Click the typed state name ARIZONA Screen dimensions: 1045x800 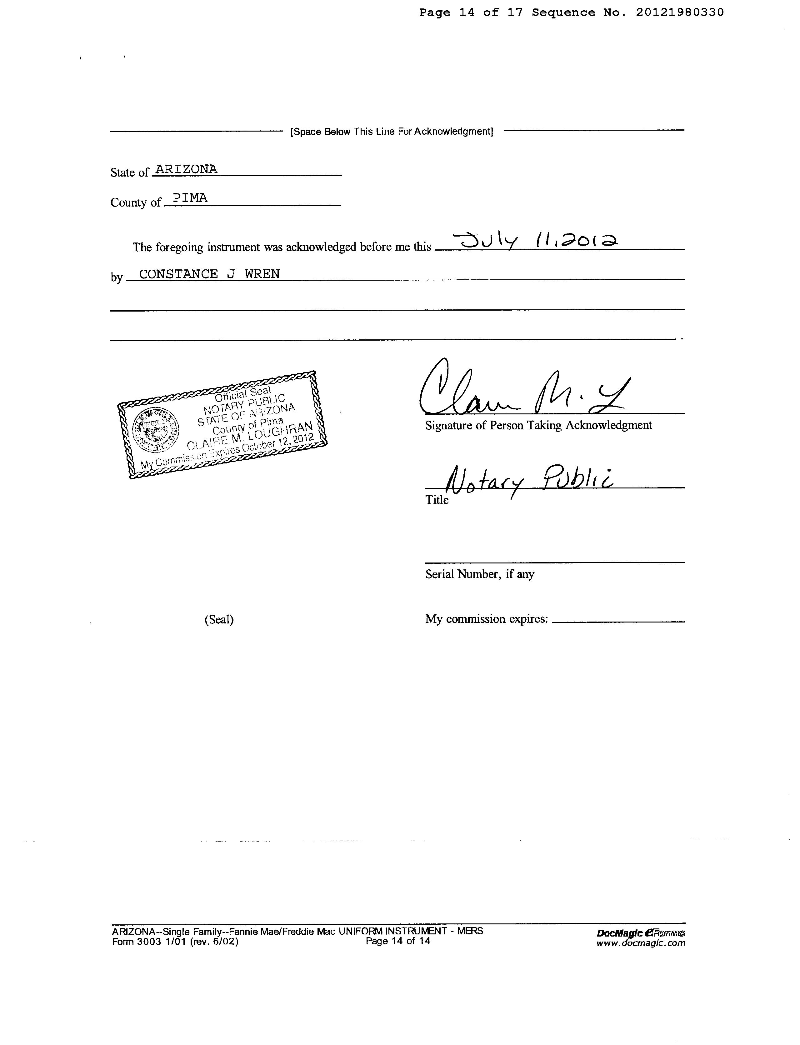point(186,169)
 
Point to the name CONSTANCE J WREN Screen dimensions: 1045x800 point(209,274)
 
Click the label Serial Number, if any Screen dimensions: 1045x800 point(479,574)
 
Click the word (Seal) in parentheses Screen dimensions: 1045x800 point(219,619)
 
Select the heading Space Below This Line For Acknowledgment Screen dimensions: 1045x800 point(392,131)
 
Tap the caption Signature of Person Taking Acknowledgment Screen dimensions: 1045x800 point(538,425)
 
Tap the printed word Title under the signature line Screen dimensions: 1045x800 point(437,500)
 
